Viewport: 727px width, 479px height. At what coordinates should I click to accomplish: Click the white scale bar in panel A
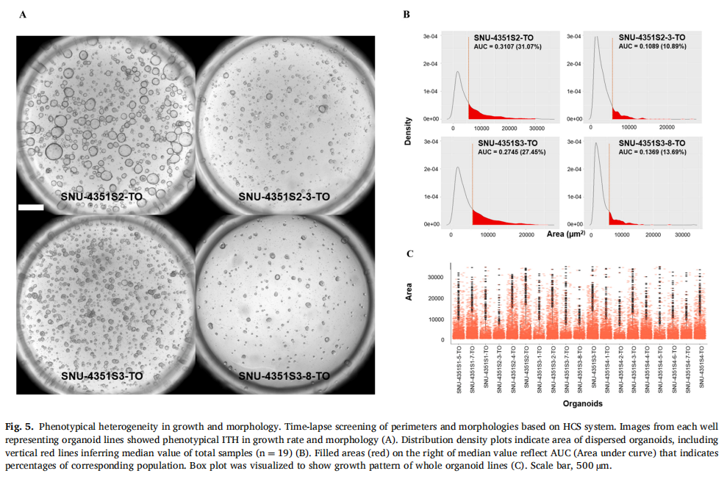click(x=31, y=208)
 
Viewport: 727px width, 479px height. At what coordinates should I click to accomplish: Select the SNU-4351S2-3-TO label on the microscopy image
click(x=282, y=197)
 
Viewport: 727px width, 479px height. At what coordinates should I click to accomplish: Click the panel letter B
click(x=407, y=14)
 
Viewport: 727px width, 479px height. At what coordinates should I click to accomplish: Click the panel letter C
click(x=409, y=254)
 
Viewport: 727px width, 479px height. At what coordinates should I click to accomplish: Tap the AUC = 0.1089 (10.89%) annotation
click(x=652, y=46)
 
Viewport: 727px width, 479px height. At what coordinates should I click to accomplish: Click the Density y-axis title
click(x=409, y=129)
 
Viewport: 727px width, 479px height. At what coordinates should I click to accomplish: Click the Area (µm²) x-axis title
click(x=567, y=234)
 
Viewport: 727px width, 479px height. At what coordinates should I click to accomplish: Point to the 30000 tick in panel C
click(x=434, y=277)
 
